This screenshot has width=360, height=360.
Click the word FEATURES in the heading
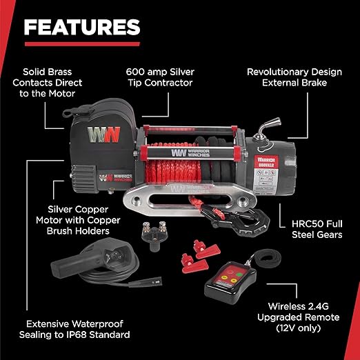tap(81, 27)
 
